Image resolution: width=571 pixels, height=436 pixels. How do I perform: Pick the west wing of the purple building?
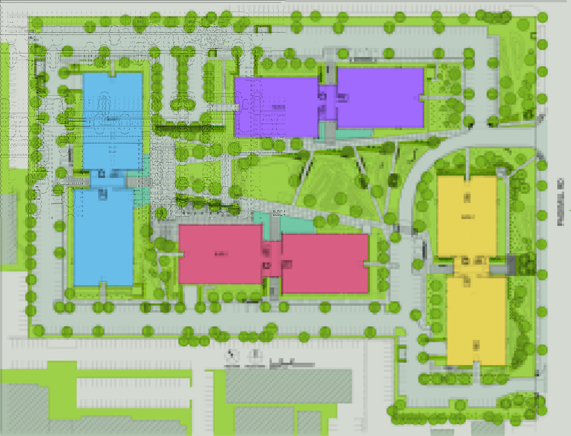[x=276, y=107]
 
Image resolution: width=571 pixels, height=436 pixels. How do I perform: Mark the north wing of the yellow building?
[x=467, y=216]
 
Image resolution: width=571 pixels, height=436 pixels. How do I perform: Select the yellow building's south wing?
[x=476, y=321]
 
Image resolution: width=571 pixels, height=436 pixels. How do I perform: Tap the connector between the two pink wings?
[x=272, y=259]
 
